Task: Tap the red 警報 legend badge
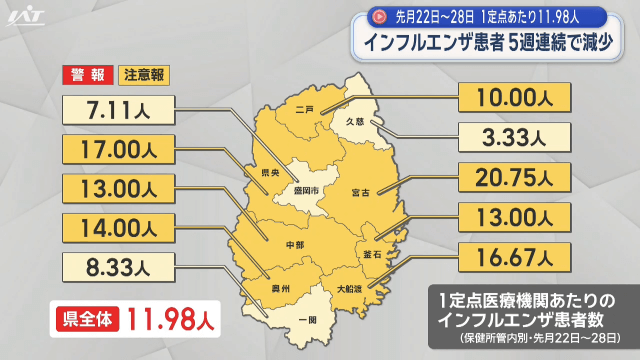point(87,75)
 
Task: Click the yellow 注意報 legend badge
point(145,75)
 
